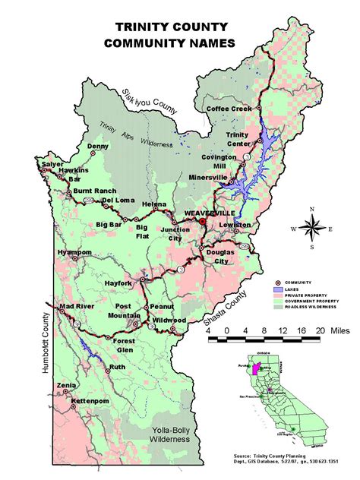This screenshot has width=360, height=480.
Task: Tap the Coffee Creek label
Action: [229, 109]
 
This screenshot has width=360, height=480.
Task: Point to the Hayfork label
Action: [118, 283]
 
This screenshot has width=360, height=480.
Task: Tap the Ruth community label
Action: [117, 367]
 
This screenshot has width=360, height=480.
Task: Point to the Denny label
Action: [98, 146]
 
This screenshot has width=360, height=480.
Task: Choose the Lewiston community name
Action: [235, 226]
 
